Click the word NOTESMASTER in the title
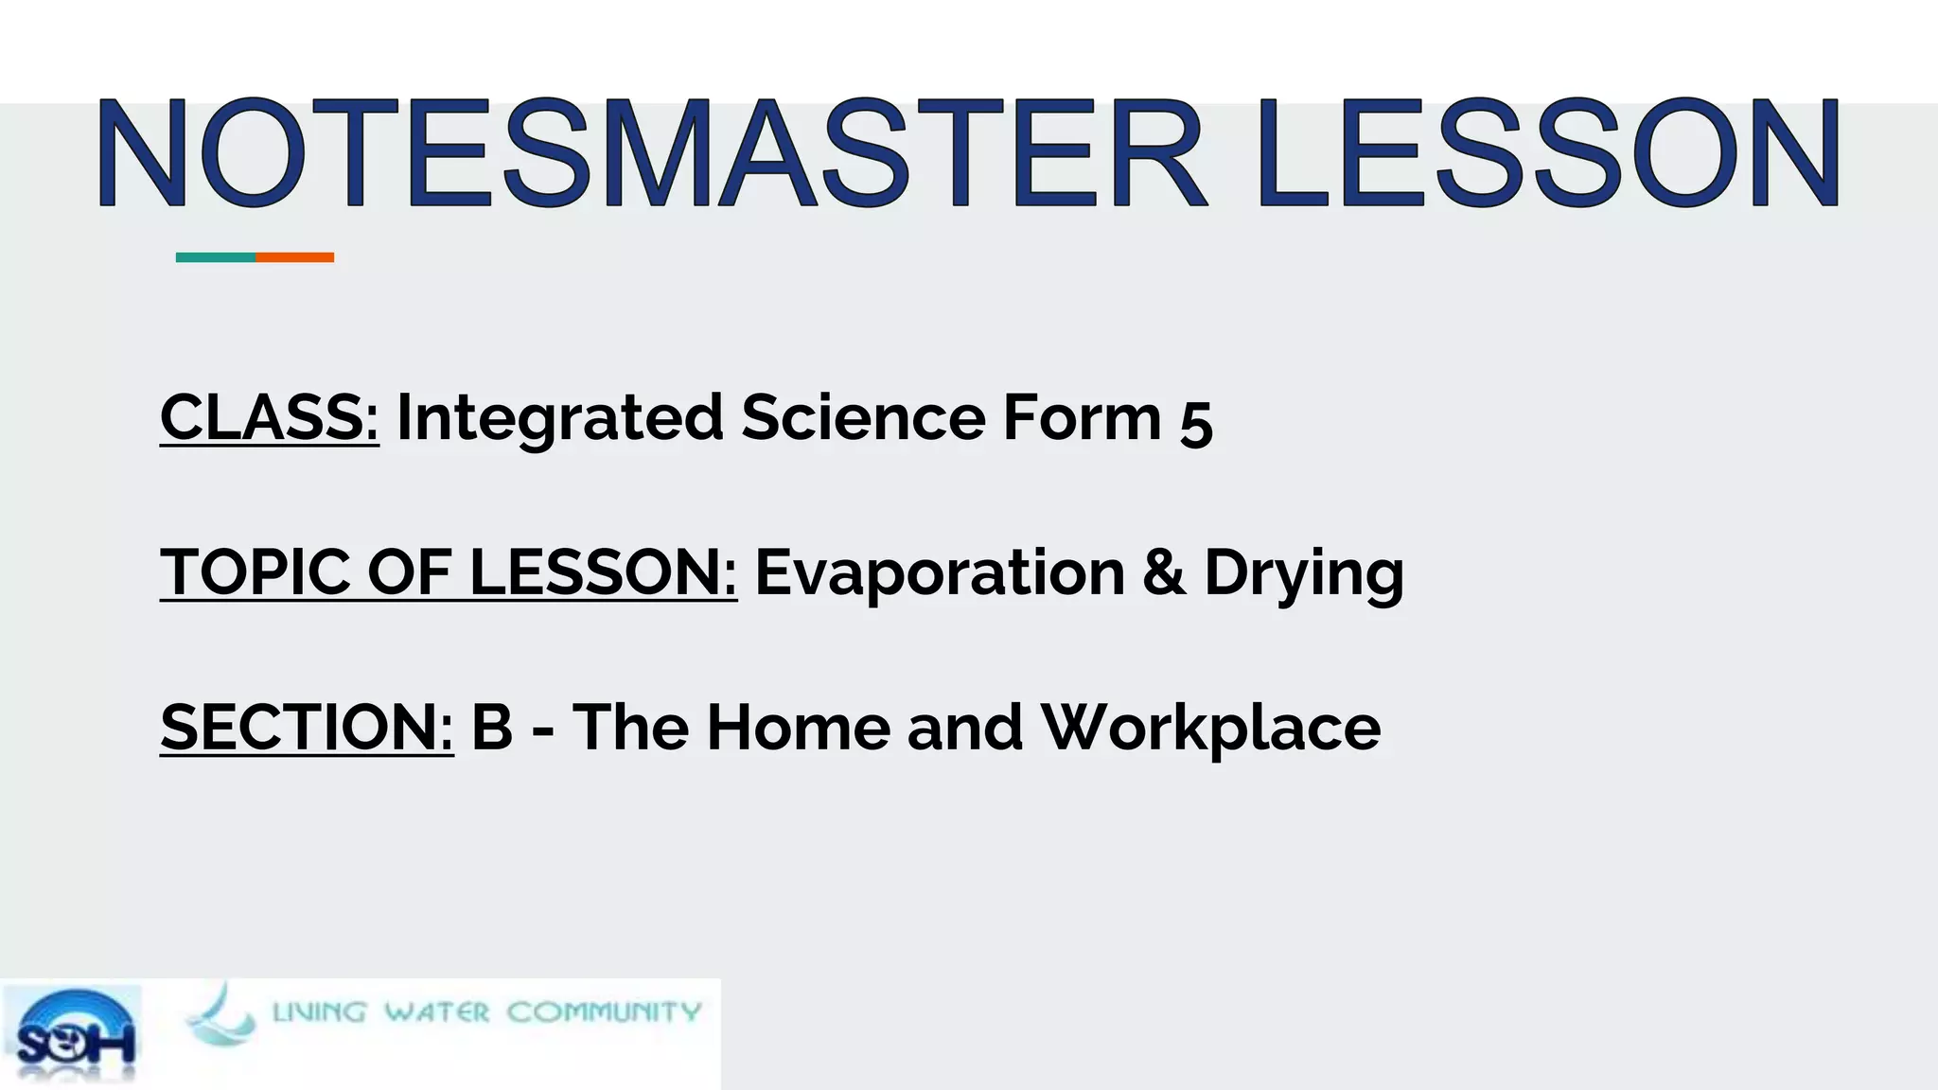tap(651, 153)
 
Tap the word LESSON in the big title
tap(1548, 153)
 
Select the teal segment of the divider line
tap(216, 257)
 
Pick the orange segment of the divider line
tap(294, 257)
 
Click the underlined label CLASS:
tap(270, 417)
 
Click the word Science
tap(863, 417)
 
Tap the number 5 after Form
tap(1196, 422)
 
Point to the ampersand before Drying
tap(1164, 572)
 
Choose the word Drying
tap(1304, 574)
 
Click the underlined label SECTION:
tap(307, 727)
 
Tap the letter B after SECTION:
tap(492, 727)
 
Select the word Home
tap(798, 727)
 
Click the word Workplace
tap(1210, 729)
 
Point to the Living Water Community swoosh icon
tap(220, 1015)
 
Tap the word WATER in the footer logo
tap(436, 1012)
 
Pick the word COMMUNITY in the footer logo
tap(604, 1012)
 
